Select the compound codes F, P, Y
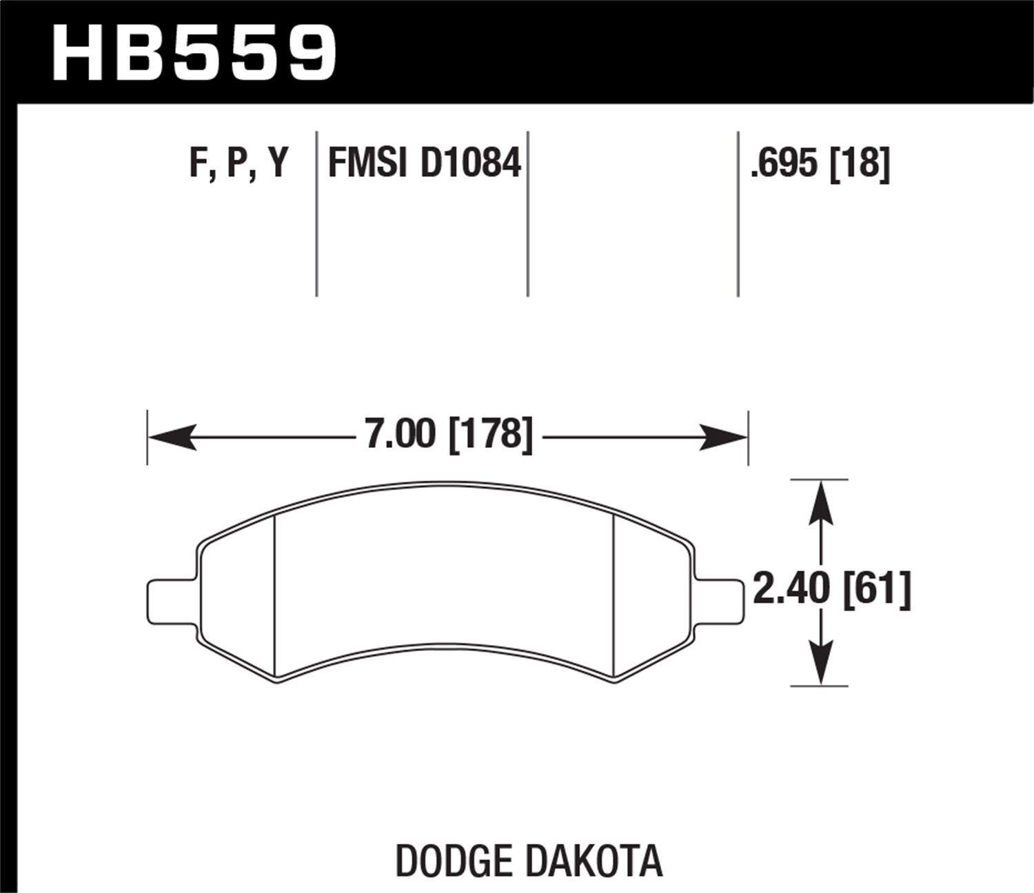(x=239, y=164)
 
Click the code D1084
(x=471, y=164)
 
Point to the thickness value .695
(x=784, y=164)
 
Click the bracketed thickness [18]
(x=860, y=164)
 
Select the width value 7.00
(x=400, y=435)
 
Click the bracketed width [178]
(x=491, y=435)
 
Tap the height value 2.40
(x=791, y=590)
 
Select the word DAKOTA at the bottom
(x=593, y=861)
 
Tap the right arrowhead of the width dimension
(x=724, y=438)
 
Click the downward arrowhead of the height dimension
(x=820, y=664)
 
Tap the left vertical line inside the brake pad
(x=274, y=596)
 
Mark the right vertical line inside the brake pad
(x=614, y=596)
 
